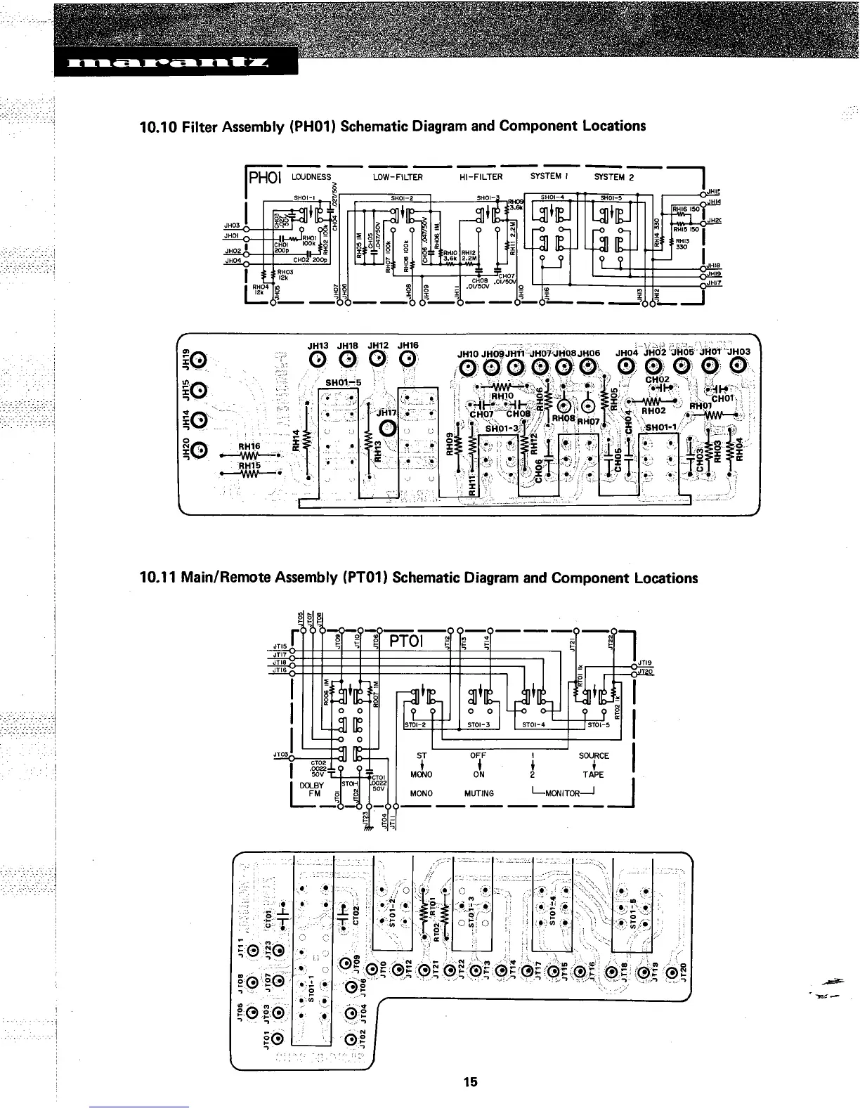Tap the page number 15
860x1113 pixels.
(470, 1081)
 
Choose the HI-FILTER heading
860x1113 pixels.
(481, 178)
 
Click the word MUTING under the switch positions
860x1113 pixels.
(479, 793)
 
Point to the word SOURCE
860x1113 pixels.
(594, 756)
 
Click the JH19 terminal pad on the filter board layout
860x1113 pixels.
(198, 360)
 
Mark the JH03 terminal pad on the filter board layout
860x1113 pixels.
(738, 365)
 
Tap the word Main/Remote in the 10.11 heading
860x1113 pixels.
(223, 578)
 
